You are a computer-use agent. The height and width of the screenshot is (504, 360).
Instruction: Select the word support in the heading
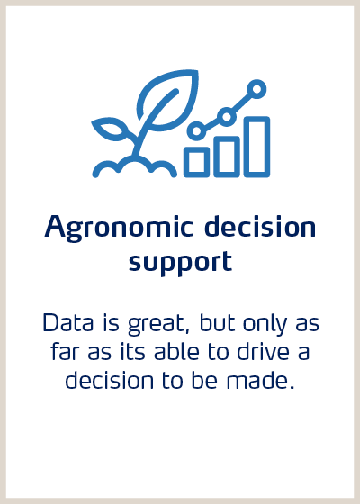[x=180, y=262]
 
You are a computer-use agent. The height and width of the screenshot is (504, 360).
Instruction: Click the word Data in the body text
[x=64, y=322]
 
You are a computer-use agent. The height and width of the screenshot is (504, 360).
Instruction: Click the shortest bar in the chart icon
[x=197, y=160]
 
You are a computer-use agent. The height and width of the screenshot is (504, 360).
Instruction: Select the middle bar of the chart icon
[x=227, y=156]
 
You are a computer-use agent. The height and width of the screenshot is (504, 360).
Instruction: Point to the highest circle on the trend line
[x=257, y=88]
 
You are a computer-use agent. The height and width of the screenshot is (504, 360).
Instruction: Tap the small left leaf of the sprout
[x=112, y=131]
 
